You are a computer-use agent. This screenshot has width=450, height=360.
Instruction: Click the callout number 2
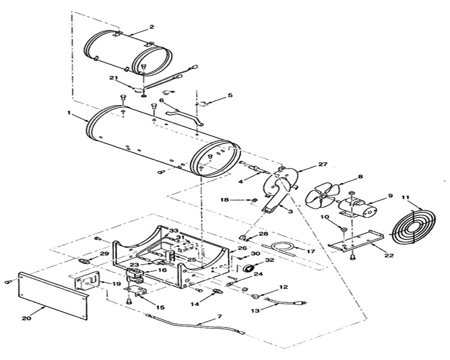pos(152,26)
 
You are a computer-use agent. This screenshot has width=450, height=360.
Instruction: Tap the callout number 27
pos(323,164)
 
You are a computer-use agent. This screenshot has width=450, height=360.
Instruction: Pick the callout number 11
pos(405,197)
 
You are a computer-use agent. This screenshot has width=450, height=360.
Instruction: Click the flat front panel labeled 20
pos(53,296)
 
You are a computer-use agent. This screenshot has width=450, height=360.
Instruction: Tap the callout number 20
pos(27,318)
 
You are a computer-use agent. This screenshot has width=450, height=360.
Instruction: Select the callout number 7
pos(219,316)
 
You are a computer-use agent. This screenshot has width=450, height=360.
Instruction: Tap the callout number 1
pos(69,113)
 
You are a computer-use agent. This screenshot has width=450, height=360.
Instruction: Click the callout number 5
pos(230,95)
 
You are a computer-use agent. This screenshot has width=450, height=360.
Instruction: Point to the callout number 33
pos(173,230)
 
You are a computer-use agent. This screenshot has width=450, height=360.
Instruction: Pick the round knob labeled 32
pos(248,268)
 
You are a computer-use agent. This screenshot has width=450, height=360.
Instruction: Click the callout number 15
pos(160,307)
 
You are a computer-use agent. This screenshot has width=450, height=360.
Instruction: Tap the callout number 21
pos(113,78)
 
